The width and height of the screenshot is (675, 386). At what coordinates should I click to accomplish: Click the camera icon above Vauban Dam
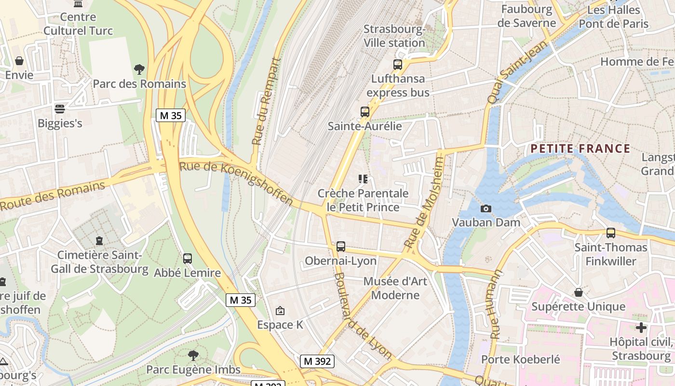486,208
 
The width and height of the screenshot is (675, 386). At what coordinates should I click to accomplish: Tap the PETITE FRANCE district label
580,149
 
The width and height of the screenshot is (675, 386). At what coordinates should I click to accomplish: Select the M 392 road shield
317,361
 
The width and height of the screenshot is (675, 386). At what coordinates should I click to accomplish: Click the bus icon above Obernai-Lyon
341,247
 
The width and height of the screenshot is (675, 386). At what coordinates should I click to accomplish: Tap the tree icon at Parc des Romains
139,69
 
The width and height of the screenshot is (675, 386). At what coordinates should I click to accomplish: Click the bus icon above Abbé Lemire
188,259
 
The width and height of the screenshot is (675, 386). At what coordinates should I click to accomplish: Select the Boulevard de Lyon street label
363,317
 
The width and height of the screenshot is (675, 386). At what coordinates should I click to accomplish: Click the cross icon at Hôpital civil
641,328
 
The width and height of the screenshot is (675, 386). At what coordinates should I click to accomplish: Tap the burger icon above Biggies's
60,109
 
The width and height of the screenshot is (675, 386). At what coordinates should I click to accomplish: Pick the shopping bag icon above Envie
19,61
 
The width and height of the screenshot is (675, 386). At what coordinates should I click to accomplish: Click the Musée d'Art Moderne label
395,288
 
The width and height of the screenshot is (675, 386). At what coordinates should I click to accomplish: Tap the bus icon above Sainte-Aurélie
365,112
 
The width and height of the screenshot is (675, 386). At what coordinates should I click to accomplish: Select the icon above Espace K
280,311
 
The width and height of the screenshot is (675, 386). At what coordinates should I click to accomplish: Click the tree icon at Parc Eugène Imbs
193,356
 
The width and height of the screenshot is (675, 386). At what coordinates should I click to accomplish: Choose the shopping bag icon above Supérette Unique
578,292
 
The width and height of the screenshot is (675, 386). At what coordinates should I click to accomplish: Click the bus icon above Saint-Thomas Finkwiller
611,233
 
